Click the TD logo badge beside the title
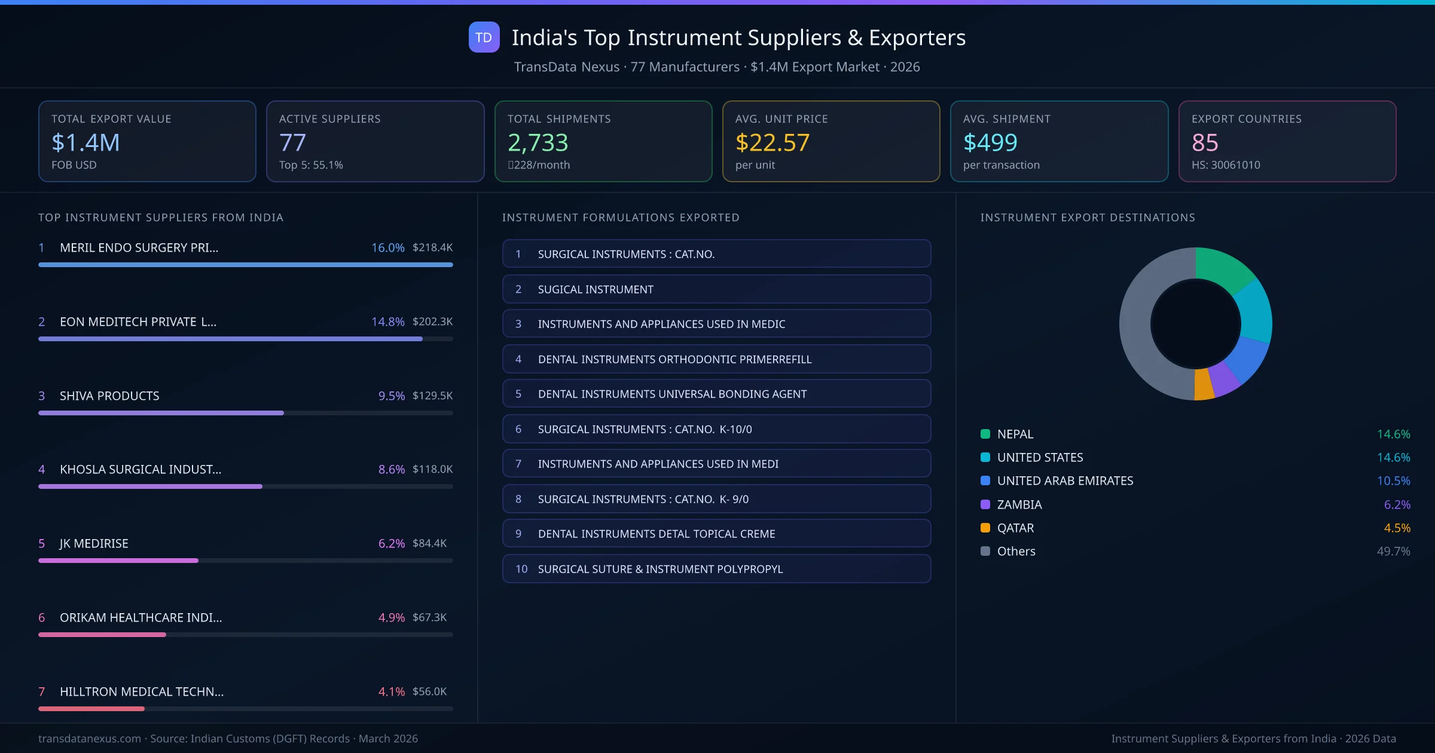[484, 37]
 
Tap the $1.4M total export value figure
[86, 142]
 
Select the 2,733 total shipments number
[538, 142]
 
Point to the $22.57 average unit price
[772, 142]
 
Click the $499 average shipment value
[990, 142]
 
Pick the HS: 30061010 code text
[1225, 165]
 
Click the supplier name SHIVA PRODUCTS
[109, 396]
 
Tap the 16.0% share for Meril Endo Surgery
[387, 247]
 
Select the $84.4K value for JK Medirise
[429, 543]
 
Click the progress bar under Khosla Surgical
[149, 486]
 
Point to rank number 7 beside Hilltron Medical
[42, 691]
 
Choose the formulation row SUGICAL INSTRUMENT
[716, 289]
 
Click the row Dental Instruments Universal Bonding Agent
[716, 394]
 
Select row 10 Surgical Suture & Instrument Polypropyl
[716, 569]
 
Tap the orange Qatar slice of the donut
[1203, 385]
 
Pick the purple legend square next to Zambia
[985, 504]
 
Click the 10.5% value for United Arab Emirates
[1393, 480]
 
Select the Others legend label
[1016, 551]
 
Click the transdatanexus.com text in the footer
[90, 739]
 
